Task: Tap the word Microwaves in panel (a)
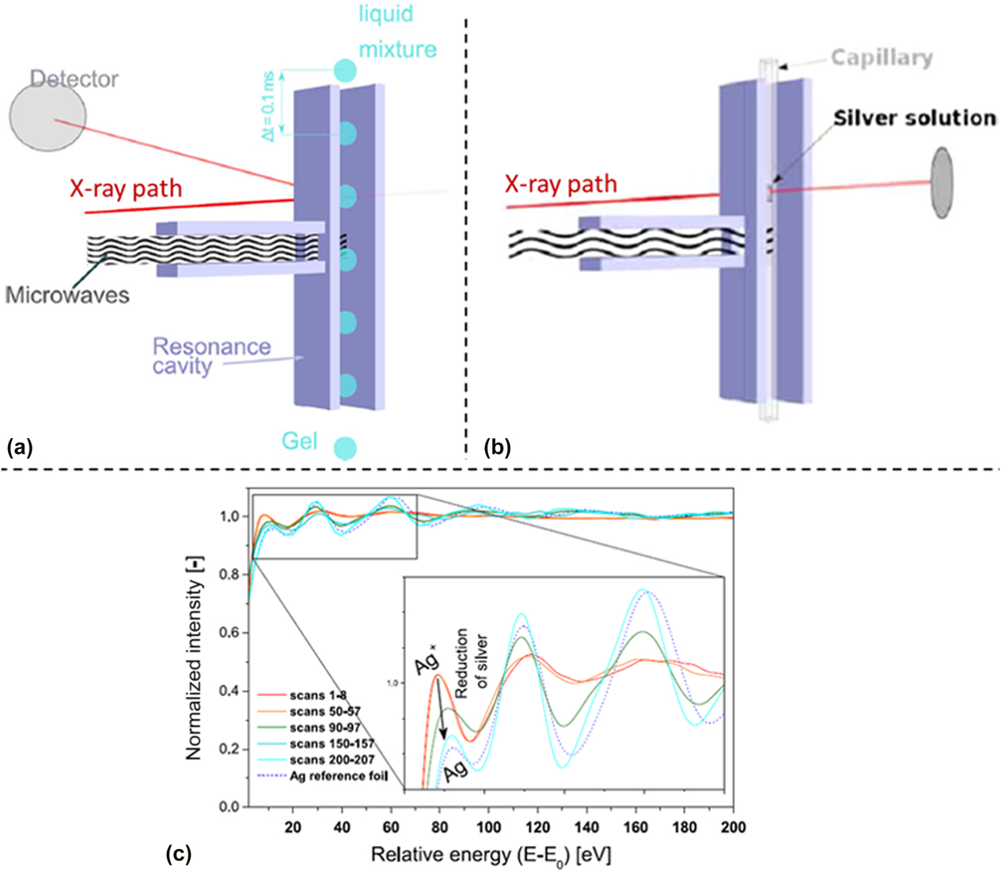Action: point(67,295)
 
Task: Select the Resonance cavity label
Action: point(211,356)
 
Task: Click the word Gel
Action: point(299,440)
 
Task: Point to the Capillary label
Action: point(882,58)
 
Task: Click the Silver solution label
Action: point(914,118)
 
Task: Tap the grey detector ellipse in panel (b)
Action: point(942,181)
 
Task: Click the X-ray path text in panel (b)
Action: point(561,185)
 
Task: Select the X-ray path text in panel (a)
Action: point(126,188)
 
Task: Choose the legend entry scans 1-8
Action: point(318,695)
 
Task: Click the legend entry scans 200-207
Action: point(332,760)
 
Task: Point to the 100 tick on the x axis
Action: point(488,828)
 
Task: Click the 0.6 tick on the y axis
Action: point(229,633)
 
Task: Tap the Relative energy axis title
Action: point(491,855)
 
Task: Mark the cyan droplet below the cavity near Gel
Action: point(344,448)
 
